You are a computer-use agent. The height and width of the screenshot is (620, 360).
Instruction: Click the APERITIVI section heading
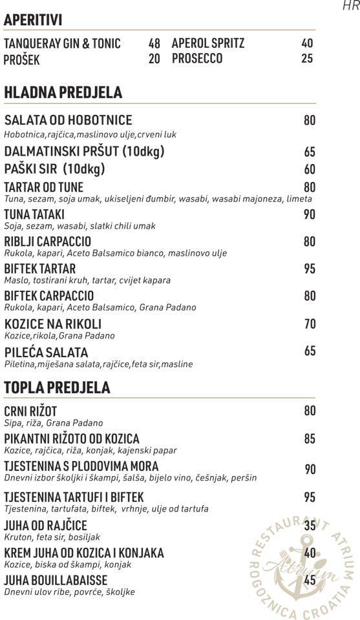tap(33, 21)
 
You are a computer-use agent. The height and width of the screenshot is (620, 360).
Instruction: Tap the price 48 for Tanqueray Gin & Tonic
tap(154, 44)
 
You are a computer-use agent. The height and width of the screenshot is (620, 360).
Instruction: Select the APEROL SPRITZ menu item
tap(208, 44)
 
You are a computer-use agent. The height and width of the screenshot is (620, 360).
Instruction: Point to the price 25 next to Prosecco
tap(307, 59)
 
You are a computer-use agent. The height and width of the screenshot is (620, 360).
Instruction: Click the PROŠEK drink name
tap(22, 60)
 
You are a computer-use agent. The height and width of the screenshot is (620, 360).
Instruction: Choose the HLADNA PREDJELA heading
tap(63, 92)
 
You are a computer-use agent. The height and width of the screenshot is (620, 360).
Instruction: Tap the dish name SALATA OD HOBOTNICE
tap(68, 121)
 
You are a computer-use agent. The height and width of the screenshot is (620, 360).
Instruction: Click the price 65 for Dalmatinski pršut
tap(310, 152)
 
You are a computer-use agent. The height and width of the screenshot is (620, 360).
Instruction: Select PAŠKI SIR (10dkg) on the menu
tap(54, 169)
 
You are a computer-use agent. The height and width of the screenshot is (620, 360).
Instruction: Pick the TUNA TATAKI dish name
tap(34, 214)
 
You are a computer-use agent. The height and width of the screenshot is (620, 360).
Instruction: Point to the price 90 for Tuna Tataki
tap(310, 214)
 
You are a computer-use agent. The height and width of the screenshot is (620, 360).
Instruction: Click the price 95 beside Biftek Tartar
tap(310, 269)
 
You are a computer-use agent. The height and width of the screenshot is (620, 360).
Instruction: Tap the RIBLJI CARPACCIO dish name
tap(47, 242)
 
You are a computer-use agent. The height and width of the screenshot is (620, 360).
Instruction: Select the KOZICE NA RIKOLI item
tap(52, 324)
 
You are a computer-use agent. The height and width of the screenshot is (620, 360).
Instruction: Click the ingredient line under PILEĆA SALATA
tap(98, 364)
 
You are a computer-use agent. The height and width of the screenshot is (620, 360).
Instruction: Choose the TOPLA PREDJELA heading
tap(57, 387)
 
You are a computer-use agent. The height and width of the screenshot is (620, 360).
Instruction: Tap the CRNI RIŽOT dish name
tap(30, 411)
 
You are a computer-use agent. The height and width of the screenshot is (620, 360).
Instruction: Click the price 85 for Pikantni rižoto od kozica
tap(310, 439)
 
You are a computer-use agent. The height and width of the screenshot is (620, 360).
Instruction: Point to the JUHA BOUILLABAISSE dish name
tap(56, 580)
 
